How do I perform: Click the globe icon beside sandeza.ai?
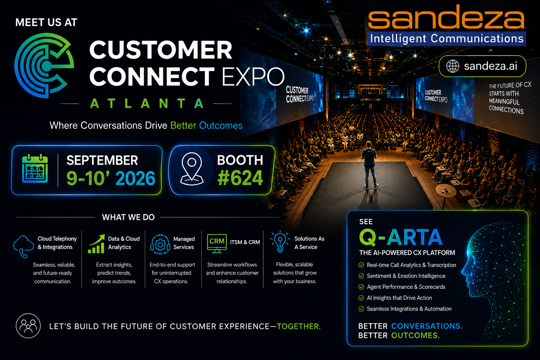452,66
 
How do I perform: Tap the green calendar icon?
35,168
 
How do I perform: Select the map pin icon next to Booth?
192,169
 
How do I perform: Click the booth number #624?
240,178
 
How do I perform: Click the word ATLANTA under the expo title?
147,103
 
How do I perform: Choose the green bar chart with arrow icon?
96,244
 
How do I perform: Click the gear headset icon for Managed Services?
160,244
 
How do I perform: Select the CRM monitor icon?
217,243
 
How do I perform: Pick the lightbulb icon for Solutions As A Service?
279,242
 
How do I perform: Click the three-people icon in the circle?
28,326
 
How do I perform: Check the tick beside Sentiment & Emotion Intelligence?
361,276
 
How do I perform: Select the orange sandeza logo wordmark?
446,17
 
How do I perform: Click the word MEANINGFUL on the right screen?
504,102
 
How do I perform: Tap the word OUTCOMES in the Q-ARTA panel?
415,335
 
